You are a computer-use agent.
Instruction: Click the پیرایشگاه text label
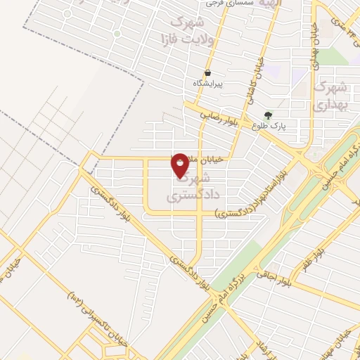[208, 84]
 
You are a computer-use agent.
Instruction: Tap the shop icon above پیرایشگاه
[208, 72]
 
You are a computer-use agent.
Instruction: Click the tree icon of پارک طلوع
[267, 115]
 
